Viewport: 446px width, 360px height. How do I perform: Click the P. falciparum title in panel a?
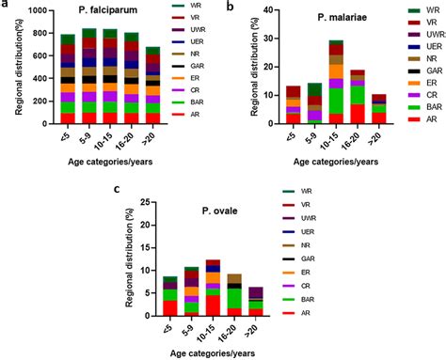click(x=101, y=17)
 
